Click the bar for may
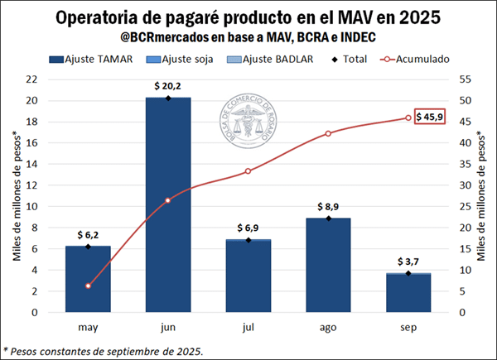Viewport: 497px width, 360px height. [88, 279]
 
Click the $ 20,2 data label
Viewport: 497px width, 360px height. [167, 85]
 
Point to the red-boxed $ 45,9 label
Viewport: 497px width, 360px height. [430, 118]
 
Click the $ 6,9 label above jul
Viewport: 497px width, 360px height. [248, 227]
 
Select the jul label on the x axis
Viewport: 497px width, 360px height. [248, 329]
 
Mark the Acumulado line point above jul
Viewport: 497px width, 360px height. [248, 171]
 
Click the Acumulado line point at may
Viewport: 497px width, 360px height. [88, 286]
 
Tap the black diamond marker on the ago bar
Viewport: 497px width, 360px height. [328, 218]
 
